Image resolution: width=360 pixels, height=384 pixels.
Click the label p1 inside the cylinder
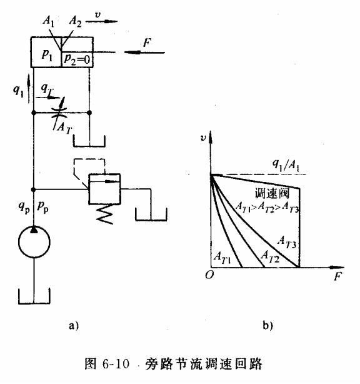coord(47,54)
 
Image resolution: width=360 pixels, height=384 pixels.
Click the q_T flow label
coord(47,89)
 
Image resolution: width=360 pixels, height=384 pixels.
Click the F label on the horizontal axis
coord(338,276)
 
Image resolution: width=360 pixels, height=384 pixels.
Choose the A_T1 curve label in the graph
coord(222,256)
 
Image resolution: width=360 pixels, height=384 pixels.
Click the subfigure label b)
coord(267,325)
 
